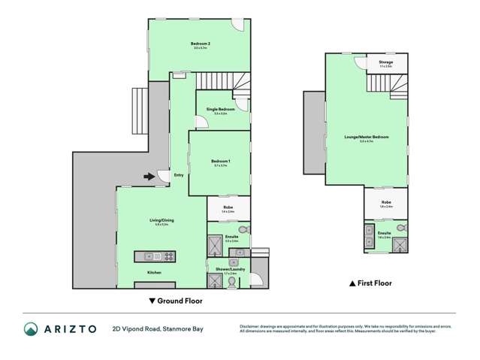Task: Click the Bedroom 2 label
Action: (199, 44)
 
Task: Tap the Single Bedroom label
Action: (220, 110)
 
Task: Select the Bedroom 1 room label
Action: (220, 162)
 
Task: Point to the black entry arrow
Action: (150, 177)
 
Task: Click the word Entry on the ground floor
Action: (178, 176)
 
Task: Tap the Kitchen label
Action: (154, 272)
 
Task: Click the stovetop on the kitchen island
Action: (168, 256)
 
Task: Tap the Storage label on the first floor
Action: (385, 62)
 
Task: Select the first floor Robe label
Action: (385, 202)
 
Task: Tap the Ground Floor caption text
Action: (181, 301)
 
